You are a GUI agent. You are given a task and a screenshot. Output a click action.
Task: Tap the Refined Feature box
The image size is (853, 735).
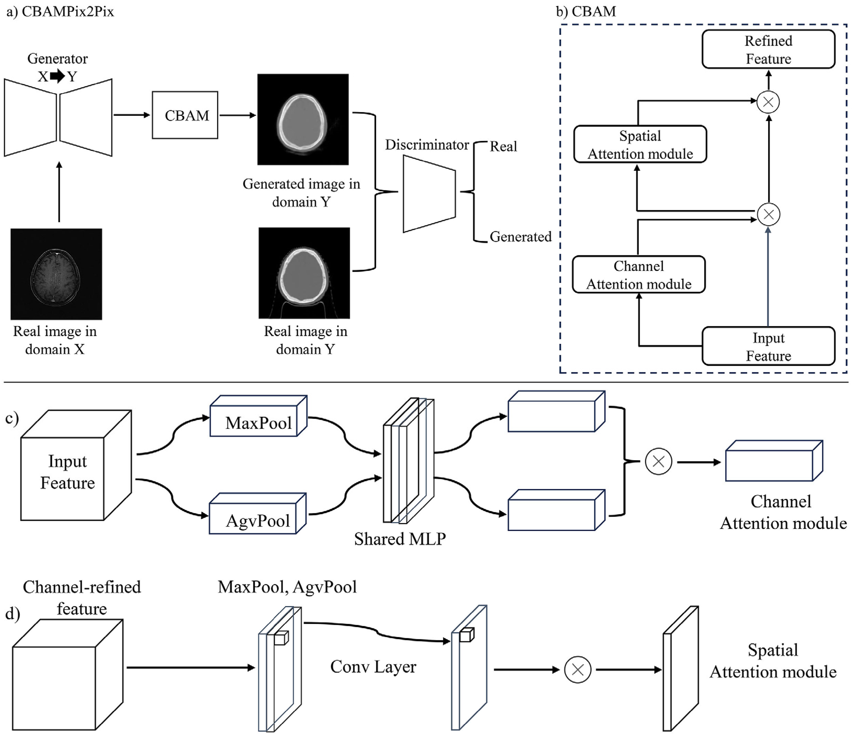[x=768, y=49]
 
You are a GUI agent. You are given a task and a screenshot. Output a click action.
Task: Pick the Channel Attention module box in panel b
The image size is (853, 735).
[x=638, y=275]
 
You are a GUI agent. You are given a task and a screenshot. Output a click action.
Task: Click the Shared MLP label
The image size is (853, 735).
[x=400, y=539]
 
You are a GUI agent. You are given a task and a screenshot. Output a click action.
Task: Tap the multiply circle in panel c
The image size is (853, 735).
[x=658, y=462]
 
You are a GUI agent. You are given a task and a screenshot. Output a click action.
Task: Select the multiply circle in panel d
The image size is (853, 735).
[x=577, y=670]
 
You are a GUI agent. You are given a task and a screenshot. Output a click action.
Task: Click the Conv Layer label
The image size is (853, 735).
[x=373, y=666]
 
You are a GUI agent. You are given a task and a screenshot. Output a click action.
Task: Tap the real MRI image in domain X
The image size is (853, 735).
[x=56, y=274]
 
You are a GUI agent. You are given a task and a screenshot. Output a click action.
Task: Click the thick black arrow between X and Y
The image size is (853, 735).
[x=58, y=76]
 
